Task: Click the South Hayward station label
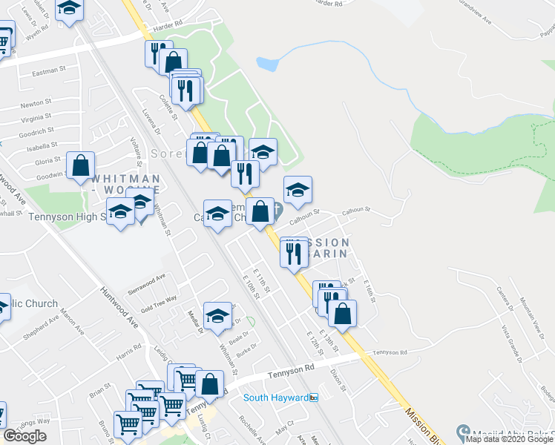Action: click(x=276, y=398)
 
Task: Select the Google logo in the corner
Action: click(x=24, y=436)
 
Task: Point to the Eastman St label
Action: click(x=50, y=72)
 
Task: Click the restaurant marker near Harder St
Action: click(x=155, y=53)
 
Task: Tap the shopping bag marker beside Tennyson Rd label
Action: click(x=211, y=383)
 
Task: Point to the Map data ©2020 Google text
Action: click(x=510, y=439)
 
